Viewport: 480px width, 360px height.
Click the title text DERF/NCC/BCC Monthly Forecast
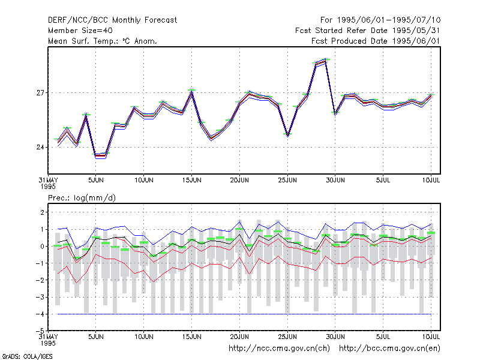coord(112,20)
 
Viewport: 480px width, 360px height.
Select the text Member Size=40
coord(80,31)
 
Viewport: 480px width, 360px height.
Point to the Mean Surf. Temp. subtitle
coord(102,41)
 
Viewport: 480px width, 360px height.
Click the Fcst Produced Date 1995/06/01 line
coord(376,41)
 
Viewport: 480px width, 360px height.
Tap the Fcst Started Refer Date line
coord(368,31)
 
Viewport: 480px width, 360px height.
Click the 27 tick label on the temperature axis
coord(40,93)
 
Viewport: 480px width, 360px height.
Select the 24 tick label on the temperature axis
coord(40,148)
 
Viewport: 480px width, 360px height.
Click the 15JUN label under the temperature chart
coord(191,180)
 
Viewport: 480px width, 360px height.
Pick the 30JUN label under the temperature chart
coord(335,180)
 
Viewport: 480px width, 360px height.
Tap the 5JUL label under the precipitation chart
coord(383,337)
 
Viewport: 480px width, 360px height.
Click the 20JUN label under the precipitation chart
coord(239,337)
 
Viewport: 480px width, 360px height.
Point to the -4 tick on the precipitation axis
coord(40,314)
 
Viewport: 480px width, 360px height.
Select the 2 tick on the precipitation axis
coord(42,212)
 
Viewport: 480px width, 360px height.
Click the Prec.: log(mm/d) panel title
coord(82,198)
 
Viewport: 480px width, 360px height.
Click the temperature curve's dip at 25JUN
coord(288,135)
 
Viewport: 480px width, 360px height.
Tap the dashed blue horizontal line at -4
coord(244,314)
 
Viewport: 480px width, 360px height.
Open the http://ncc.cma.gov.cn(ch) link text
coord(279,349)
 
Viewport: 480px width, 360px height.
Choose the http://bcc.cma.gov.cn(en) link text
coord(389,349)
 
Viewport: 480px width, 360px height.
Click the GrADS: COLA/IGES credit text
coord(27,356)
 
